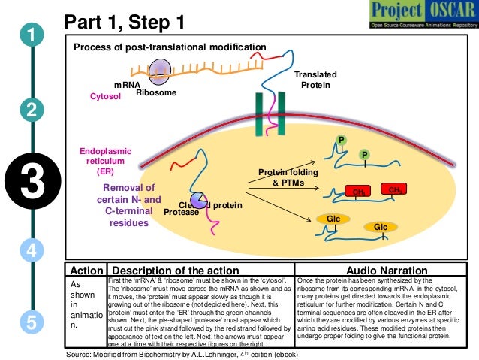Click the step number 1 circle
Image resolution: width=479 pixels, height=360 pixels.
(x=32, y=35)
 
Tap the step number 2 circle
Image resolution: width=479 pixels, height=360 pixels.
(x=32, y=110)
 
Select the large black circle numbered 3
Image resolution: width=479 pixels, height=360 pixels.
(x=31, y=183)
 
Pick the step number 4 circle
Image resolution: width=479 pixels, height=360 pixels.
(x=32, y=249)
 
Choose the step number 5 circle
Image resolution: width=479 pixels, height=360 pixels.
(x=32, y=322)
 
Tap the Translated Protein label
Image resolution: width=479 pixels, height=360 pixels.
(x=315, y=80)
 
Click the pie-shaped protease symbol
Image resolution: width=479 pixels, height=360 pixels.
(x=199, y=200)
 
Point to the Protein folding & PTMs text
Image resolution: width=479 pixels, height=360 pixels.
(x=288, y=177)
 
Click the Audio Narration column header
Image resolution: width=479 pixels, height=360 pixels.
(x=381, y=270)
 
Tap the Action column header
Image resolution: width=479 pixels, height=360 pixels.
(x=86, y=270)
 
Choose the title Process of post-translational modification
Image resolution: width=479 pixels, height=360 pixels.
(x=170, y=47)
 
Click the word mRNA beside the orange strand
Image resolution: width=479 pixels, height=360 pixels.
(x=127, y=85)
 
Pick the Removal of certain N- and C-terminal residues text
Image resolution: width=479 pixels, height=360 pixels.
(x=129, y=205)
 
